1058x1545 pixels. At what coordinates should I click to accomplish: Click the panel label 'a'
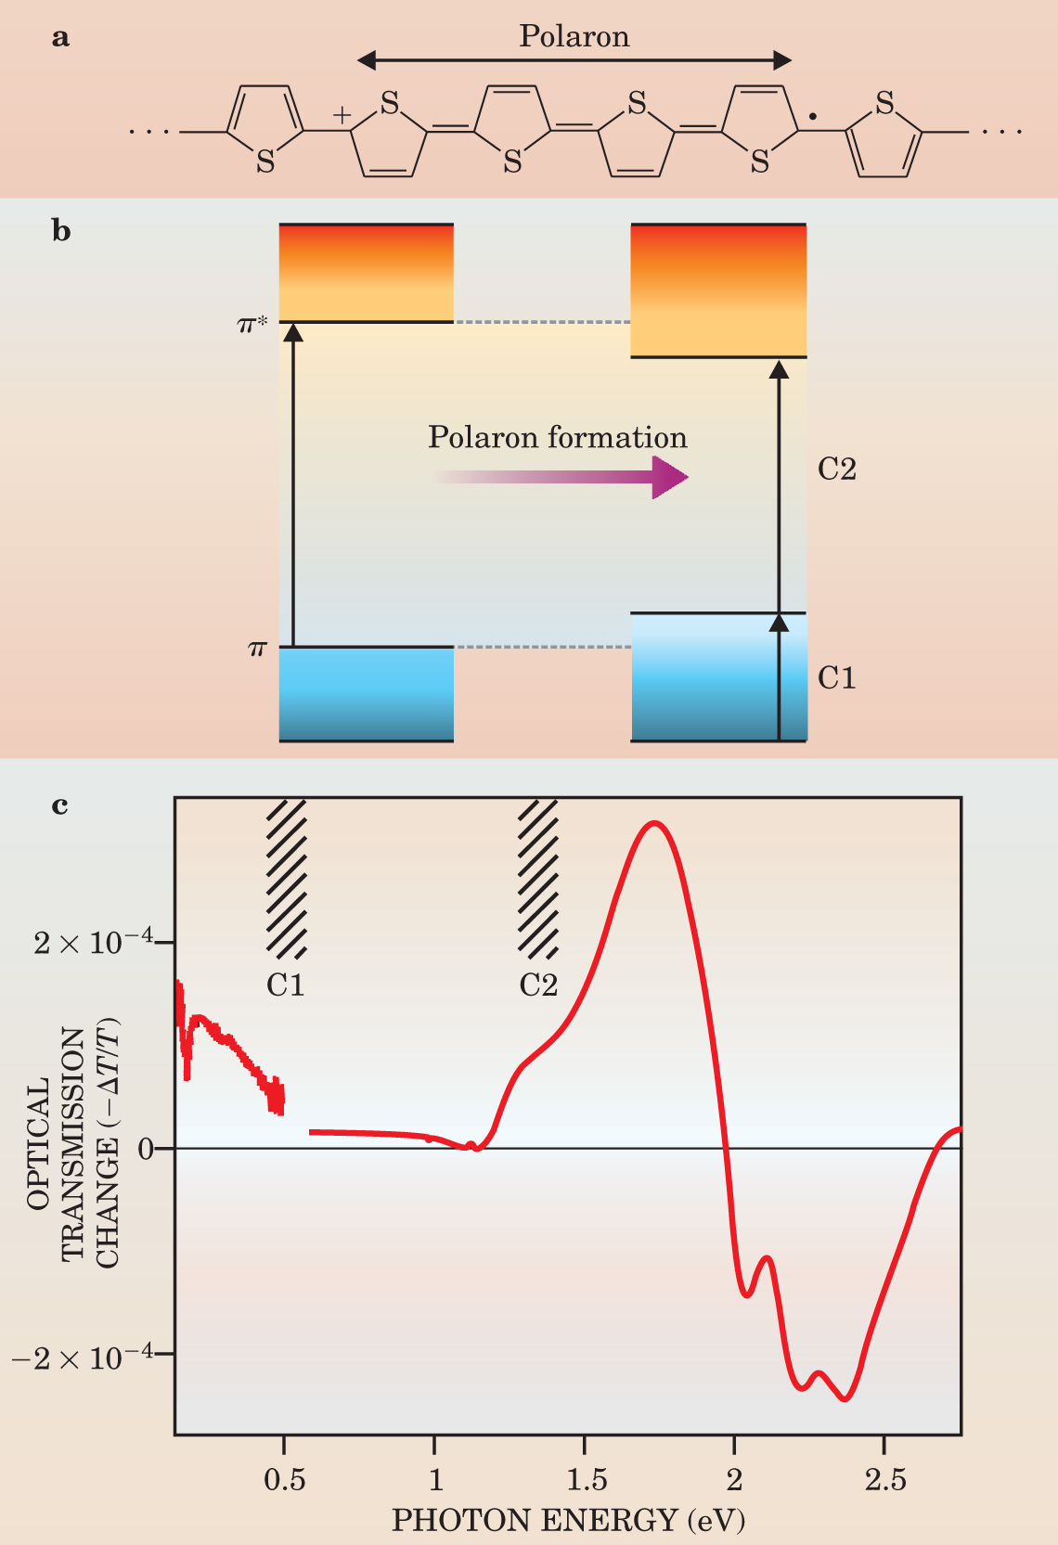[61, 39]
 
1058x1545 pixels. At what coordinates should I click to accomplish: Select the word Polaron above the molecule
[574, 36]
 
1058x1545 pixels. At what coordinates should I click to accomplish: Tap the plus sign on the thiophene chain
[342, 115]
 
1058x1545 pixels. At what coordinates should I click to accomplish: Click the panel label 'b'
[61, 232]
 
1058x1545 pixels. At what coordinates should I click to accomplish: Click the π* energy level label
[252, 325]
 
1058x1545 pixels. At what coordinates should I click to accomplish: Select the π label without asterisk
[258, 649]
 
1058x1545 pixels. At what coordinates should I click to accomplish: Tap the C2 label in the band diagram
[836, 470]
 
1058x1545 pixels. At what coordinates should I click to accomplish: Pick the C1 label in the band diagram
[836, 678]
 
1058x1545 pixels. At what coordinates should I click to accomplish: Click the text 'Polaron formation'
[557, 437]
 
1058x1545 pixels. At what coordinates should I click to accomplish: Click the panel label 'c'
[60, 805]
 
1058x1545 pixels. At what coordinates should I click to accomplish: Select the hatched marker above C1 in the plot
[286, 878]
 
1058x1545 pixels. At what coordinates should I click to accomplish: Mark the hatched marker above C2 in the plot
[538, 878]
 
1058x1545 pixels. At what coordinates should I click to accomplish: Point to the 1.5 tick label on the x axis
[586, 1479]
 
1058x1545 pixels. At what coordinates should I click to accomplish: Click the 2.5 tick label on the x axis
[884, 1479]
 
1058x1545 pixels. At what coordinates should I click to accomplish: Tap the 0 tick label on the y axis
[145, 1149]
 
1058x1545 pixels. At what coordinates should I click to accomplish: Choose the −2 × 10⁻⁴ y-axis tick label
[82, 1357]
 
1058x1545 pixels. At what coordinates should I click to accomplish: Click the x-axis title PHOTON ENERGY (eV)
[568, 1520]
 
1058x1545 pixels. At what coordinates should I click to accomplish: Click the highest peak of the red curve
[655, 823]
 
